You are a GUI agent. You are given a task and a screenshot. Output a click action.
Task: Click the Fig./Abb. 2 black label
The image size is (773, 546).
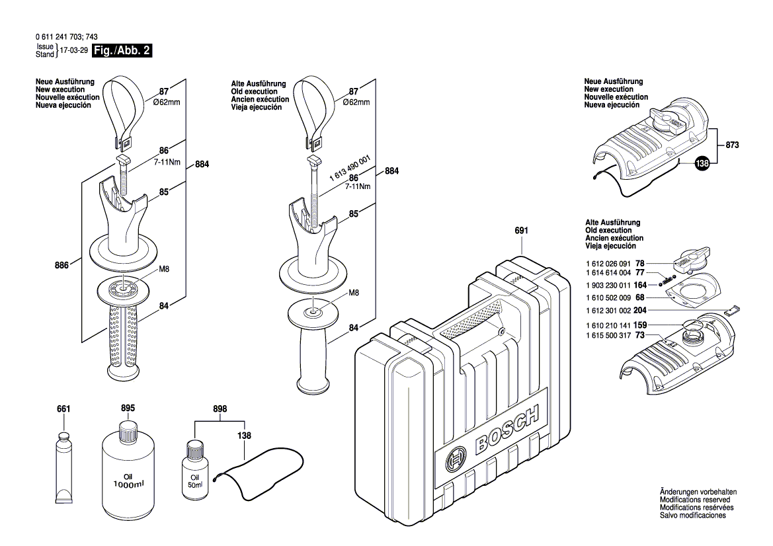pyautogui.click(x=122, y=51)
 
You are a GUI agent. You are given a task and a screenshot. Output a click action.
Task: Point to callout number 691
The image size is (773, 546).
pyautogui.click(x=521, y=231)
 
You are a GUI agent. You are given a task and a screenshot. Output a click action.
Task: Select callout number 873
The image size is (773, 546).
pyautogui.click(x=732, y=144)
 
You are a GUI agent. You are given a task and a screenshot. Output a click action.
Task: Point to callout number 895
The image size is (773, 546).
pyautogui.click(x=128, y=409)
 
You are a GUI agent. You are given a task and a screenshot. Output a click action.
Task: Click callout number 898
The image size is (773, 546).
pyautogui.click(x=220, y=409)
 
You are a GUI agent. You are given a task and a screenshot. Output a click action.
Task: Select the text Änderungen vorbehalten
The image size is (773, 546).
pyautogui.click(x=697, y=493)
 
